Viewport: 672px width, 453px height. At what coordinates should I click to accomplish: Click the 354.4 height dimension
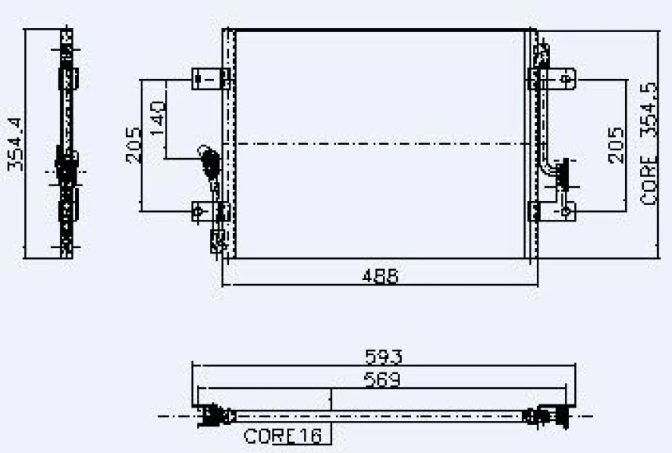click(x=16, y=144)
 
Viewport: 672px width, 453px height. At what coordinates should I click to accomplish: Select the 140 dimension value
click(x=158, y=118)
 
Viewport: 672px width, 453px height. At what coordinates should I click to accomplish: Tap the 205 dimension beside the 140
click(x=134, y=145)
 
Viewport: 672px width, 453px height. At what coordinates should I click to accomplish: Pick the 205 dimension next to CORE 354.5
click(x=616, y=145)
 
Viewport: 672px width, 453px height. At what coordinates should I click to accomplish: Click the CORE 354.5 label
click(x=648, y=144)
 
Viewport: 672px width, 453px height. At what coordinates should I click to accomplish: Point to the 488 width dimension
click(x=380, y=276)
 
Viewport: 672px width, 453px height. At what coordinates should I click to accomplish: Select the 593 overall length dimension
click(x=384, y=357)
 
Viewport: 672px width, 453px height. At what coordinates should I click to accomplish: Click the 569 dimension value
click(x=382, y=379)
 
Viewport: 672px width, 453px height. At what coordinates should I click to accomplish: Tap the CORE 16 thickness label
click(x=282, y=436)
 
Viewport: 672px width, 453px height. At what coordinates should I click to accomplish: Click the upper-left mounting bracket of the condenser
click(x=210, y=79)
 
